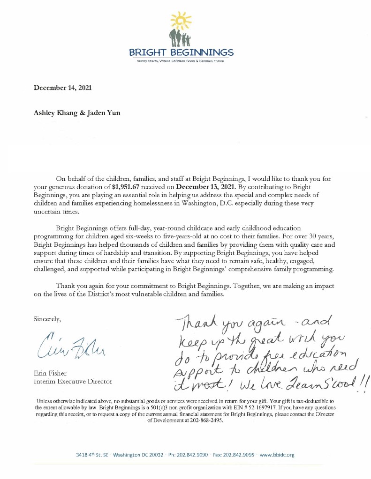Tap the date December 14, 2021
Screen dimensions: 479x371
coord(59,87)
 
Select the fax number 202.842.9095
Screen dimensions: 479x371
coord(228,455)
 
